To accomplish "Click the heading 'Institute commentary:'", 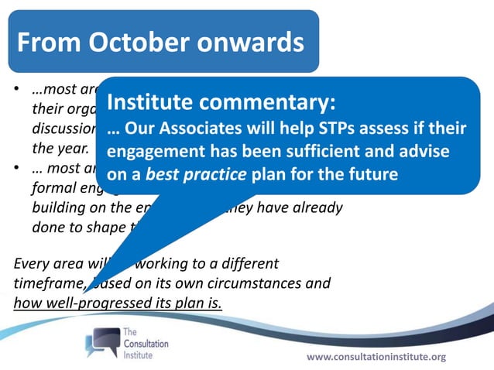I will coord(221,101).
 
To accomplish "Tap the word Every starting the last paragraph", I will coord(33,262).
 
